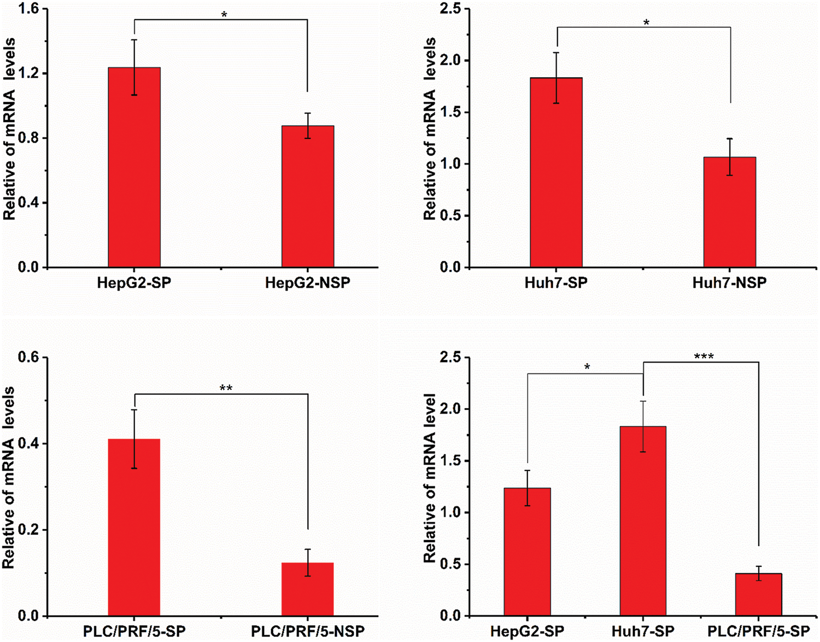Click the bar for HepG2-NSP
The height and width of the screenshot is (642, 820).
coord(308,197)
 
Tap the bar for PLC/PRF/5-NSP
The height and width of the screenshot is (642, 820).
coord(308,589)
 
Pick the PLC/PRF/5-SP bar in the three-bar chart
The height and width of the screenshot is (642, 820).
coord(758,594)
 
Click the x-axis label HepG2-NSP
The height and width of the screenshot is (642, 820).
coord(308,283)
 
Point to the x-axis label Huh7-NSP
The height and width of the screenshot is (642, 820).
coord(729,283)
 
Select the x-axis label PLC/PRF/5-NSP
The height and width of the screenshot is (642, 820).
coord(308,631)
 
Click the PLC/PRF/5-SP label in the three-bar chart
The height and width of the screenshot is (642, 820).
coord(758,631)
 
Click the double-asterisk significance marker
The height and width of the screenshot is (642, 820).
coord(226,389)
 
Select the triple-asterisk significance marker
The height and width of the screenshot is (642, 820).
coord(704,357)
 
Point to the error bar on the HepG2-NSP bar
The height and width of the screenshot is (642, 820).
coord(308,125)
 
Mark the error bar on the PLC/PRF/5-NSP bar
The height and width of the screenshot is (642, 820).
coord(308,562)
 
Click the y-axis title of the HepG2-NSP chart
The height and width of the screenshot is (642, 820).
coord(9,129)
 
